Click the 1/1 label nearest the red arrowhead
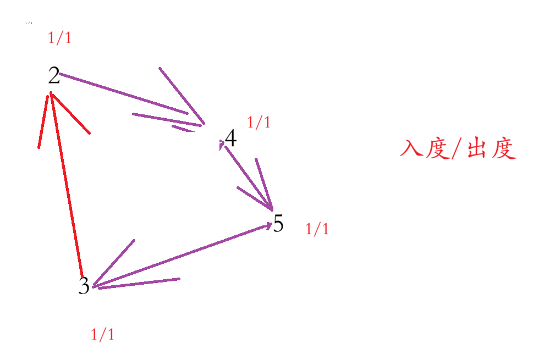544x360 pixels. (59, 38)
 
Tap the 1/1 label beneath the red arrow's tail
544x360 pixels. (102, 335)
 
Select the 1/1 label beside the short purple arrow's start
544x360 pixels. (259, 123)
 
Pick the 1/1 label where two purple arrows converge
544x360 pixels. (317, 229)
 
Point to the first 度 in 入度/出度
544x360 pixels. (437, 148)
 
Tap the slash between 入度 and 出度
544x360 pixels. (456, 149)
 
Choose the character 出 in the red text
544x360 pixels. (476, 149)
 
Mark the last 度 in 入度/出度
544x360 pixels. (503, 148)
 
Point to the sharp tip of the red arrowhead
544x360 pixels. (51, 93)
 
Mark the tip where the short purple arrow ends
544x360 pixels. (272, 209)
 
